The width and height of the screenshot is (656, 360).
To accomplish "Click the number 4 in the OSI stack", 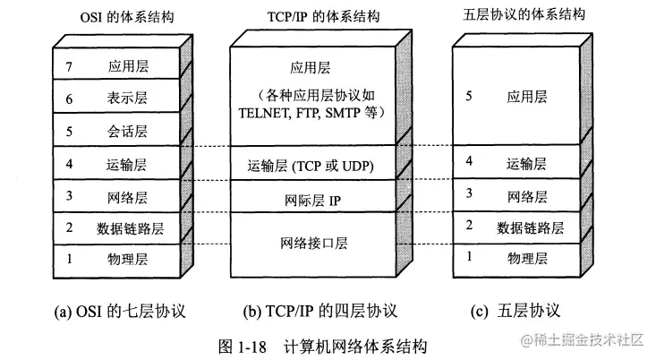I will [67, 164].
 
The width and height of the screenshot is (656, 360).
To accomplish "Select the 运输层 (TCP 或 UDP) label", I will [311, 165].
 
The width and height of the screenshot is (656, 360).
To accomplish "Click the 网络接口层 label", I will [311, 243].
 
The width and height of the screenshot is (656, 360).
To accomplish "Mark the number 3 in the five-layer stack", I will [470, 194].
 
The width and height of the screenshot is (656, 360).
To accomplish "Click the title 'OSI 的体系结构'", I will [106, 17].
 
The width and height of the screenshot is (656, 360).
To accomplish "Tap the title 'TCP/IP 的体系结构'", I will [310, 17].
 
